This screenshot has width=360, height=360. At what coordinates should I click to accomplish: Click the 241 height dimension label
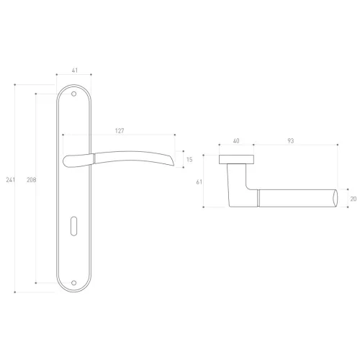[x=10, y=180]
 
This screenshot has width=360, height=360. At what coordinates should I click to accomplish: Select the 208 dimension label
[x=31, y=180]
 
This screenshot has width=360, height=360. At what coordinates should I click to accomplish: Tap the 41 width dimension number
[x=75, y=71]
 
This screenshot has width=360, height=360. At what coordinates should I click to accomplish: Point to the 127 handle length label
[x=120, y=131]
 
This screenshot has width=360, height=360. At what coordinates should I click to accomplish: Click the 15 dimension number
[x=189, y=160]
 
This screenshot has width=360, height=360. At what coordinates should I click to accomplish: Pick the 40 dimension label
[x=236, y=141]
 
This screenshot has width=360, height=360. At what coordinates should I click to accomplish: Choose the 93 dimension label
[x=291, y=141]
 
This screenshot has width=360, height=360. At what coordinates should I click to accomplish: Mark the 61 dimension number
[x=199, y=182]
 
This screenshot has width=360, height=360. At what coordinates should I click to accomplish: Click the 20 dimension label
[x=354, y=199]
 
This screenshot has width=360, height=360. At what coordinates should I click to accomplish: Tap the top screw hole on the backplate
[x=74, y=94]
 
